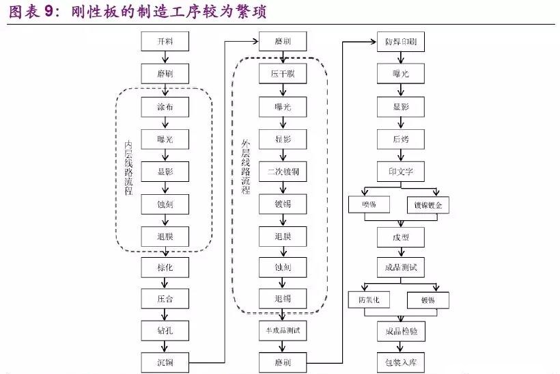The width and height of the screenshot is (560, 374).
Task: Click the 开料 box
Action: [165, 42]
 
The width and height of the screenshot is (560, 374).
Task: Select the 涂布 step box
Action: [165, 107]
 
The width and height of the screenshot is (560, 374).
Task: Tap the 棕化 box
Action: [165, 267]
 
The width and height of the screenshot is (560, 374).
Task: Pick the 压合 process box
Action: [165, 299]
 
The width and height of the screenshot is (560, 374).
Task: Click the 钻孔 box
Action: [165, 331]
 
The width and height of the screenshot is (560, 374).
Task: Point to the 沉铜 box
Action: [165, 362]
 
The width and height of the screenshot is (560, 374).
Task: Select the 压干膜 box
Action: [283, 74]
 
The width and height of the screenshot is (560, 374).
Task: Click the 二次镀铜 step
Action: [283, 172]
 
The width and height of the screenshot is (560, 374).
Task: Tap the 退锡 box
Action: [283, 298]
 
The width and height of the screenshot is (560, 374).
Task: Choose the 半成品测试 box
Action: [283, 331]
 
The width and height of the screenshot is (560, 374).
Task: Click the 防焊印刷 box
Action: [401, 42]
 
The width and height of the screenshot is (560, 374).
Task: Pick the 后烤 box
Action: [401, 139]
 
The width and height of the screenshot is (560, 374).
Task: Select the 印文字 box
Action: [401, 171]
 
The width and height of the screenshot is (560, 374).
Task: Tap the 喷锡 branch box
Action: [369, 204]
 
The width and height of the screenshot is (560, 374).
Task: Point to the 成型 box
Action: [401, 237]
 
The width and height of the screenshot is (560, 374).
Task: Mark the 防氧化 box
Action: [369, 300]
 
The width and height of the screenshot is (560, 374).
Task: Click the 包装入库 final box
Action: [401, 362]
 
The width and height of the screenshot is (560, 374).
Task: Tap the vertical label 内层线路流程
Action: [128, 168]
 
